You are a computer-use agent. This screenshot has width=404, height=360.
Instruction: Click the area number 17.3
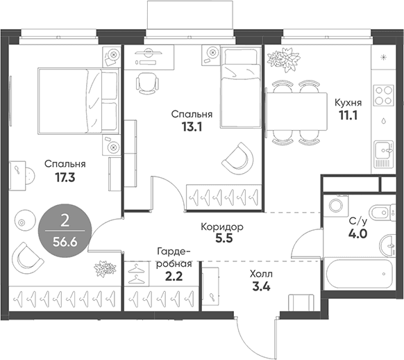65,177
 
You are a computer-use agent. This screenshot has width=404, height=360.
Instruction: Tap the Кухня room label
348,103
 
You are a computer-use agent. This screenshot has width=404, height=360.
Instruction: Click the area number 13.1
192,127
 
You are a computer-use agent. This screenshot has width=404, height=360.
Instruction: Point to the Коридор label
222,227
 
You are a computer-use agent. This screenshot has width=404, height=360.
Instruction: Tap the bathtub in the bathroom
359,274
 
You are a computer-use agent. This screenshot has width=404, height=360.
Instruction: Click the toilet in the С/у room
382,213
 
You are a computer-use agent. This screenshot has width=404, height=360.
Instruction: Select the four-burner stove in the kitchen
384,95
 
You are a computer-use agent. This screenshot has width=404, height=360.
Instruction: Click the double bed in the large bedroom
79,101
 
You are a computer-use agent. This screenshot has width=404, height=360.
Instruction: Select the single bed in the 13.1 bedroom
241,87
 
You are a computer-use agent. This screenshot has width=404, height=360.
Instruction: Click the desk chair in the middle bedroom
147,83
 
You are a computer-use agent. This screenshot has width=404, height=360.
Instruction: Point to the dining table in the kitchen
296,112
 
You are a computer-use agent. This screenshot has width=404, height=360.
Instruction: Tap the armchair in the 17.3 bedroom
27,259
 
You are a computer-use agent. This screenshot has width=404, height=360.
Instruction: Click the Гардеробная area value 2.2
174,277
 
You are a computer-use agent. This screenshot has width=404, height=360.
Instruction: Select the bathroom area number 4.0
357,234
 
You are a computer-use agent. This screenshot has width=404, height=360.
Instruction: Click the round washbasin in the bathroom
388,246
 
